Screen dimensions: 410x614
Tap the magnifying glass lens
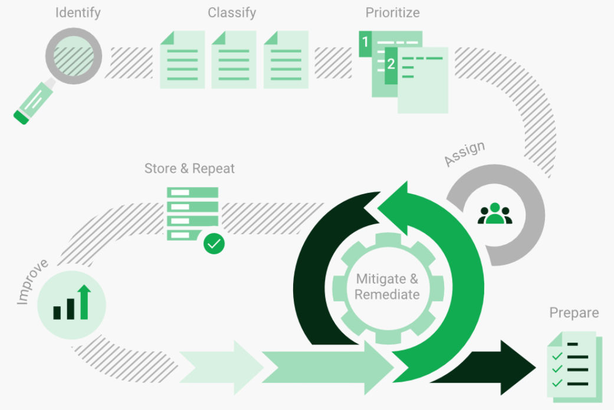click(x=74, y=57)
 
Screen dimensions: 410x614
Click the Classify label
click(x=232, y=12)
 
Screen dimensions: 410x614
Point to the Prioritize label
click(x=392, y=12)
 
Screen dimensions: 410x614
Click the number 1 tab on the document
click(x=366, y=43)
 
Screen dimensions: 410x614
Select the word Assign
click(x=465, y=153)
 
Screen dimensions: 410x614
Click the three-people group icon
click(x=495, y=214)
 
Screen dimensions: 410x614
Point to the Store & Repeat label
click(x=189, y=169)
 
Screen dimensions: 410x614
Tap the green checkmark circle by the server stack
click(x=214, y=243)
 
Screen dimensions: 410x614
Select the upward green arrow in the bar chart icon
click(x=84, y=301)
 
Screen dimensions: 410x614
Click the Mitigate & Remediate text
click(x=387, y=287)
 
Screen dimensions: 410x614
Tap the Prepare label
click(x=573, y=313)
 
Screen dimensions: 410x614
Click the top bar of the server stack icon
click(x=192, y=192)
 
